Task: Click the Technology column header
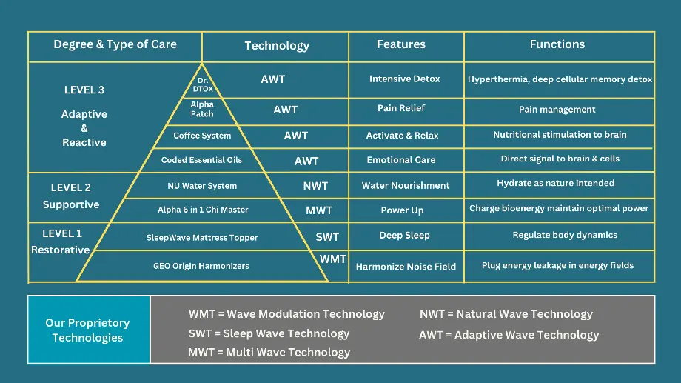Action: coord(277,46)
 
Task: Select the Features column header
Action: coord(401,44)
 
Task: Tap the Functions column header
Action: coord(557,44)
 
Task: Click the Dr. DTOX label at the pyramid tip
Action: coord(203,84)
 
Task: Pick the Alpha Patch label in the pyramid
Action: coord(202,109)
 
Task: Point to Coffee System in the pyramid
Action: coord(202,136)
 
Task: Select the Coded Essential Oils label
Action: coord(201,160)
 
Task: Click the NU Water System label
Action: coord(202,186)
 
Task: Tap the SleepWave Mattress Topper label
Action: coord(202,238)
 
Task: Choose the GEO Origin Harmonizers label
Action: coord(201,266)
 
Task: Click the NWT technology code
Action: coord(315,186)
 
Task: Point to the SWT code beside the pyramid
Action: coord(327,237)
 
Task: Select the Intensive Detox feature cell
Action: coord(404,79)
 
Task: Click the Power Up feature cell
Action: coord(402,210)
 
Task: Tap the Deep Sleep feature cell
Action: coord(404,236)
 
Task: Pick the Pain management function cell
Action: coord(557,110)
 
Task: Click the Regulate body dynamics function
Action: coord(565,235)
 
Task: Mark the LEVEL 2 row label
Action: coord(71,188)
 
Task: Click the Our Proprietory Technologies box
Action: coord(89,330)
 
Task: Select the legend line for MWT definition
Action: coord(269,352)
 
